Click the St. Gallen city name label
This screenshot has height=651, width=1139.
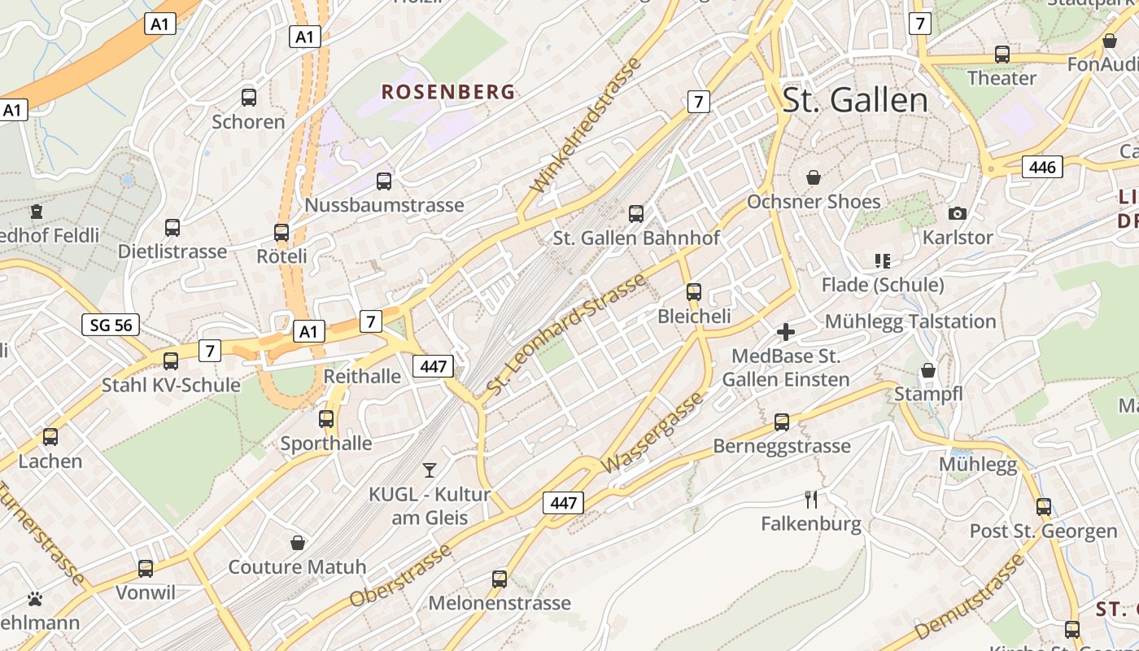(854, 100)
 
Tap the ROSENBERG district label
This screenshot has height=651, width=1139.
(448, 92)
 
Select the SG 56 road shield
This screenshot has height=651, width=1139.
(111, 325)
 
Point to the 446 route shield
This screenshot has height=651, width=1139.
(1042, 168)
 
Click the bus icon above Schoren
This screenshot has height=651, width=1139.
(249, 98)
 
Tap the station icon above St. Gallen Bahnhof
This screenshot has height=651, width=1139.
(636, 214)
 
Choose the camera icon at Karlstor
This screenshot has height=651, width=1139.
(958, 213)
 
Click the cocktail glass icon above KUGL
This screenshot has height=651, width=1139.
(430, 470)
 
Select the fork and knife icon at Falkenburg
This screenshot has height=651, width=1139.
(811, 499)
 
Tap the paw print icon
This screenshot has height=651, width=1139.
(35, 600)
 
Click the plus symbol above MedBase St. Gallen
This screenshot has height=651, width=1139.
(786, 332)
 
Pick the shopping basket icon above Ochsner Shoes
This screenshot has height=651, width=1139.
(813, 177)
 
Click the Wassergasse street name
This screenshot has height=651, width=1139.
(652, 433)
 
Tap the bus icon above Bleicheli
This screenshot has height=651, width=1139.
(694, 291)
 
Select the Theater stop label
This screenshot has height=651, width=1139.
(1002, 79)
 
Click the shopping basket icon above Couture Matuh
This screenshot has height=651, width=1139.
(298, 543)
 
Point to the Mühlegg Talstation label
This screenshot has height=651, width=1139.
(910, 321)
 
